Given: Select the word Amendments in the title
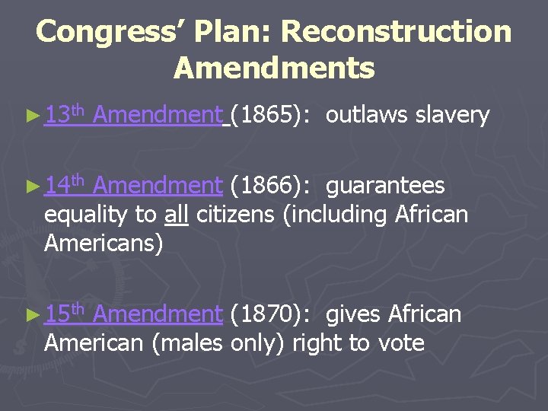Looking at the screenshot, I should [x=274, y=68].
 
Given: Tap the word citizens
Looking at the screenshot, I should [x=236, y=215].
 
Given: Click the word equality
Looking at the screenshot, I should [x=87, y=216].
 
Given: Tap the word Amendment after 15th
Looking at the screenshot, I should [x=159, y=314].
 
